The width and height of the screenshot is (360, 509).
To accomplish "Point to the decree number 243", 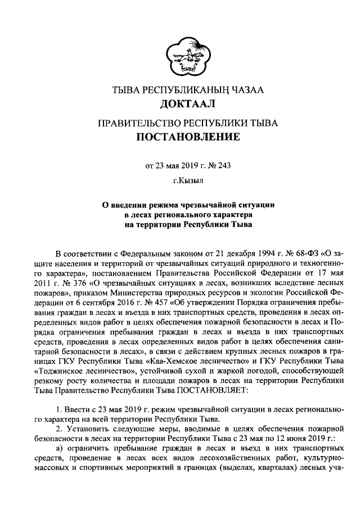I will (223, 165).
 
